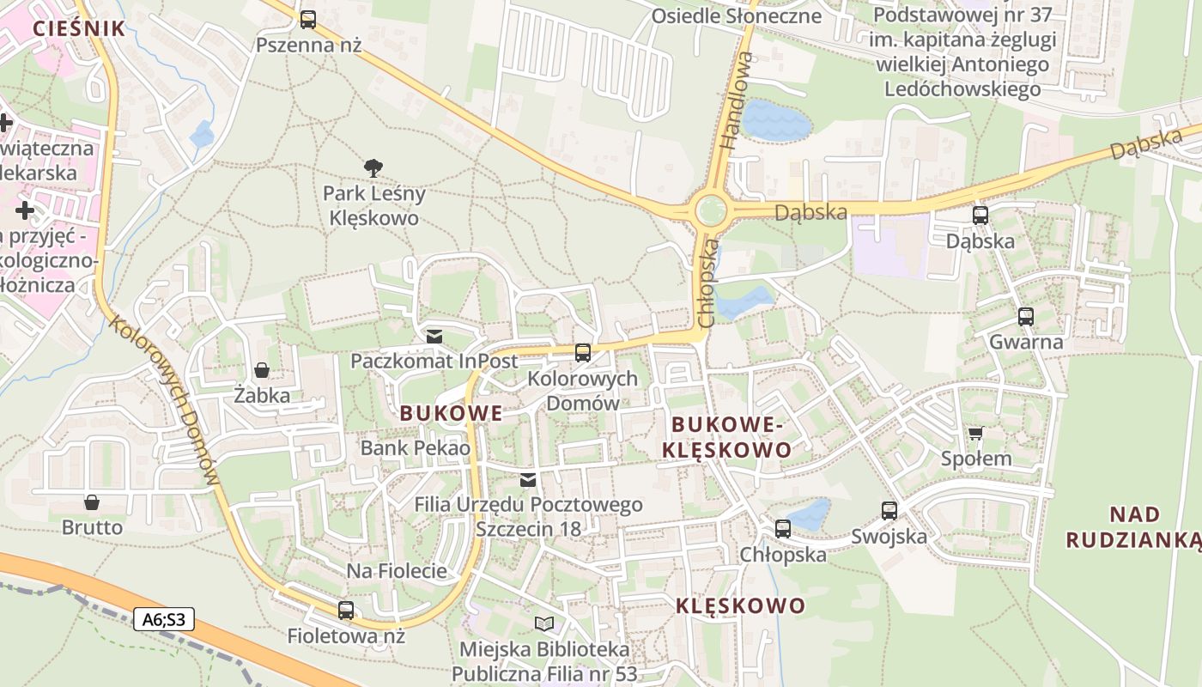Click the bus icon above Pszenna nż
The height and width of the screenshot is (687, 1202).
(x=308, y=19)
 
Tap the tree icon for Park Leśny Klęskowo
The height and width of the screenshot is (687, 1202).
(x=373, y=168)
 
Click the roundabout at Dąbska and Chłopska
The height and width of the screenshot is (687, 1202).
(x=710, y=210)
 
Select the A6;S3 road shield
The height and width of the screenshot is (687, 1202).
(x=163, y=618)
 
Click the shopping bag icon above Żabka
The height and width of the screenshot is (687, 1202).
(x=262, y=370)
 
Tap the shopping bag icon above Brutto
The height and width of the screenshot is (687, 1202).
(x=92, y=502)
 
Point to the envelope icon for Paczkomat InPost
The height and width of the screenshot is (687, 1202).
(x=434, y=336)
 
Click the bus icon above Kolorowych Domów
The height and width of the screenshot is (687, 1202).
(x=583, y=352)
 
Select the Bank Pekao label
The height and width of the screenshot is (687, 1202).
(x=416, y=447)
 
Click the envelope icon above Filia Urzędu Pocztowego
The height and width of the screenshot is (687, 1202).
(x=528, y=479)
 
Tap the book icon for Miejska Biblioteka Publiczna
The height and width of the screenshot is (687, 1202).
(x=544, y=623)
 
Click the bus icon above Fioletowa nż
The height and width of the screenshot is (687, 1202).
(x=346, y=611)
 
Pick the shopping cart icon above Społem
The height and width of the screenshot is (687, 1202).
(x=975, y=433)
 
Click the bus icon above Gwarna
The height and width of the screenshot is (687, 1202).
(x=1026, y=317)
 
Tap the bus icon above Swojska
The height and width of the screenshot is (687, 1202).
(x=889, y=510)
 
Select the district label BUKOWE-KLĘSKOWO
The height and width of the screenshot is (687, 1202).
(x=732, y=437)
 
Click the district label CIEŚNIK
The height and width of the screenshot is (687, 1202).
(x=79, y=28)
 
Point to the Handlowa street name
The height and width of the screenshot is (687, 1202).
(x=737, y=101)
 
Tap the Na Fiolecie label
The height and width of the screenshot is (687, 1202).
(x=397, y=571)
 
